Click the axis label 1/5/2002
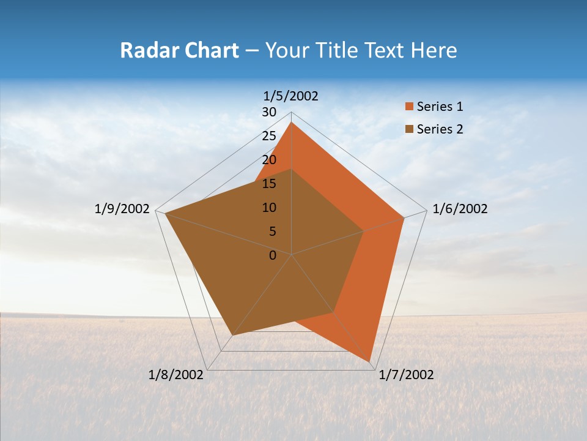click(x=290, y=96)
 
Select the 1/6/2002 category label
click(x=460, y=209)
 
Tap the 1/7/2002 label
click(x=406, y=375)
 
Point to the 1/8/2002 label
click(x=175, y=375)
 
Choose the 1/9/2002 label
click(x=122, y=209)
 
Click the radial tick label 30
click(x=269, y=112)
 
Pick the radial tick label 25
click(x=269, y=136)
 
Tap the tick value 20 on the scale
click(x=269, y=160)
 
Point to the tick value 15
click(x=269, y=184)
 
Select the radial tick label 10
click(x=269, y=208)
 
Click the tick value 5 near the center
click(x=272, y=232)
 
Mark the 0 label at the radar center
click(x=273, y=255)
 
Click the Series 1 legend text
click(x=440, y=107)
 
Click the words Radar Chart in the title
click(x=179, y=50)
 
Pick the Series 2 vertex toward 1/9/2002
click(x=165, y=213)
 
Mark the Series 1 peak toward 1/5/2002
click(x=292, y=123)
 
